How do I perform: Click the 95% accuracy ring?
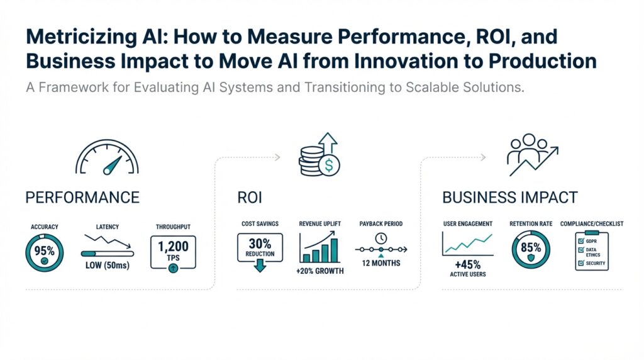coord(44,252)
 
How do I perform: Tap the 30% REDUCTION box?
coord(260,247)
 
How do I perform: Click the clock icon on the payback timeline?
coord(381,239)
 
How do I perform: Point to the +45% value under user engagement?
coord(467,264)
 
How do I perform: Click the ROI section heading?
coord(250,198)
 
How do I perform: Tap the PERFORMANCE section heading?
coord(82,198)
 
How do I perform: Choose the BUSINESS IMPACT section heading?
coord(509,198)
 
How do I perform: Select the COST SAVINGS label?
coord(260,224)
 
